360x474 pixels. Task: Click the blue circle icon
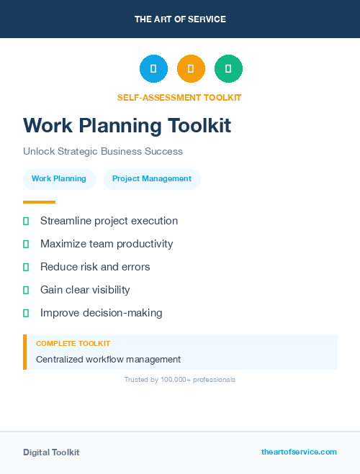pyautogui.click(x=153, y=68)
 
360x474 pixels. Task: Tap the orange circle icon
pyautogui.click(x=191, y=68)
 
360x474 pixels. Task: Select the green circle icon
pyautogui.click(x=228, y=68)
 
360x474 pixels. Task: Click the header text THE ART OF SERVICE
pyautogui.click(x=180, y=19)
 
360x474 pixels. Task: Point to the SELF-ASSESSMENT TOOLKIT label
pyautogui.click(x=179, y=98)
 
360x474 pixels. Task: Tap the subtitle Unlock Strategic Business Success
pyautogui.click(x=103, y=152)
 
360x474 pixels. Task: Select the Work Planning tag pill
pyautogui.click(x=59, y=179)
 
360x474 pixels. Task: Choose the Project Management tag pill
pyautogui.click(x=152, y=179)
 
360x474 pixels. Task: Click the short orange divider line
pyautogui.click(x=39, y=202)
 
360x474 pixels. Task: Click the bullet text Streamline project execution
pyautogui.click(x=109, y=221)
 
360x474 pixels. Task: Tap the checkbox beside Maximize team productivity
pyautogui.click(x=26, y=245)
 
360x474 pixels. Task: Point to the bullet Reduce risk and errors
pyautogui.click(x=95, y=267)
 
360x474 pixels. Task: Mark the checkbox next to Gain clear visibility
pyautogui.click(x=26, y=291)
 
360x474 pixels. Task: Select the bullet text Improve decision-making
pyautogui.click(x=101, y=313)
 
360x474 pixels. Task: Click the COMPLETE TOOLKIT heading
pyautogui.click(x=73, y=344)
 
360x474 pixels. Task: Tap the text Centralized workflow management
pyautogui.click(x=108, y=360)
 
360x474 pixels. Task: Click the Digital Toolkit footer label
pyautogui.click(x=51, y=452)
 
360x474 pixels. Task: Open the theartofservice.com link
pyautogui.click(x=299, y=452)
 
